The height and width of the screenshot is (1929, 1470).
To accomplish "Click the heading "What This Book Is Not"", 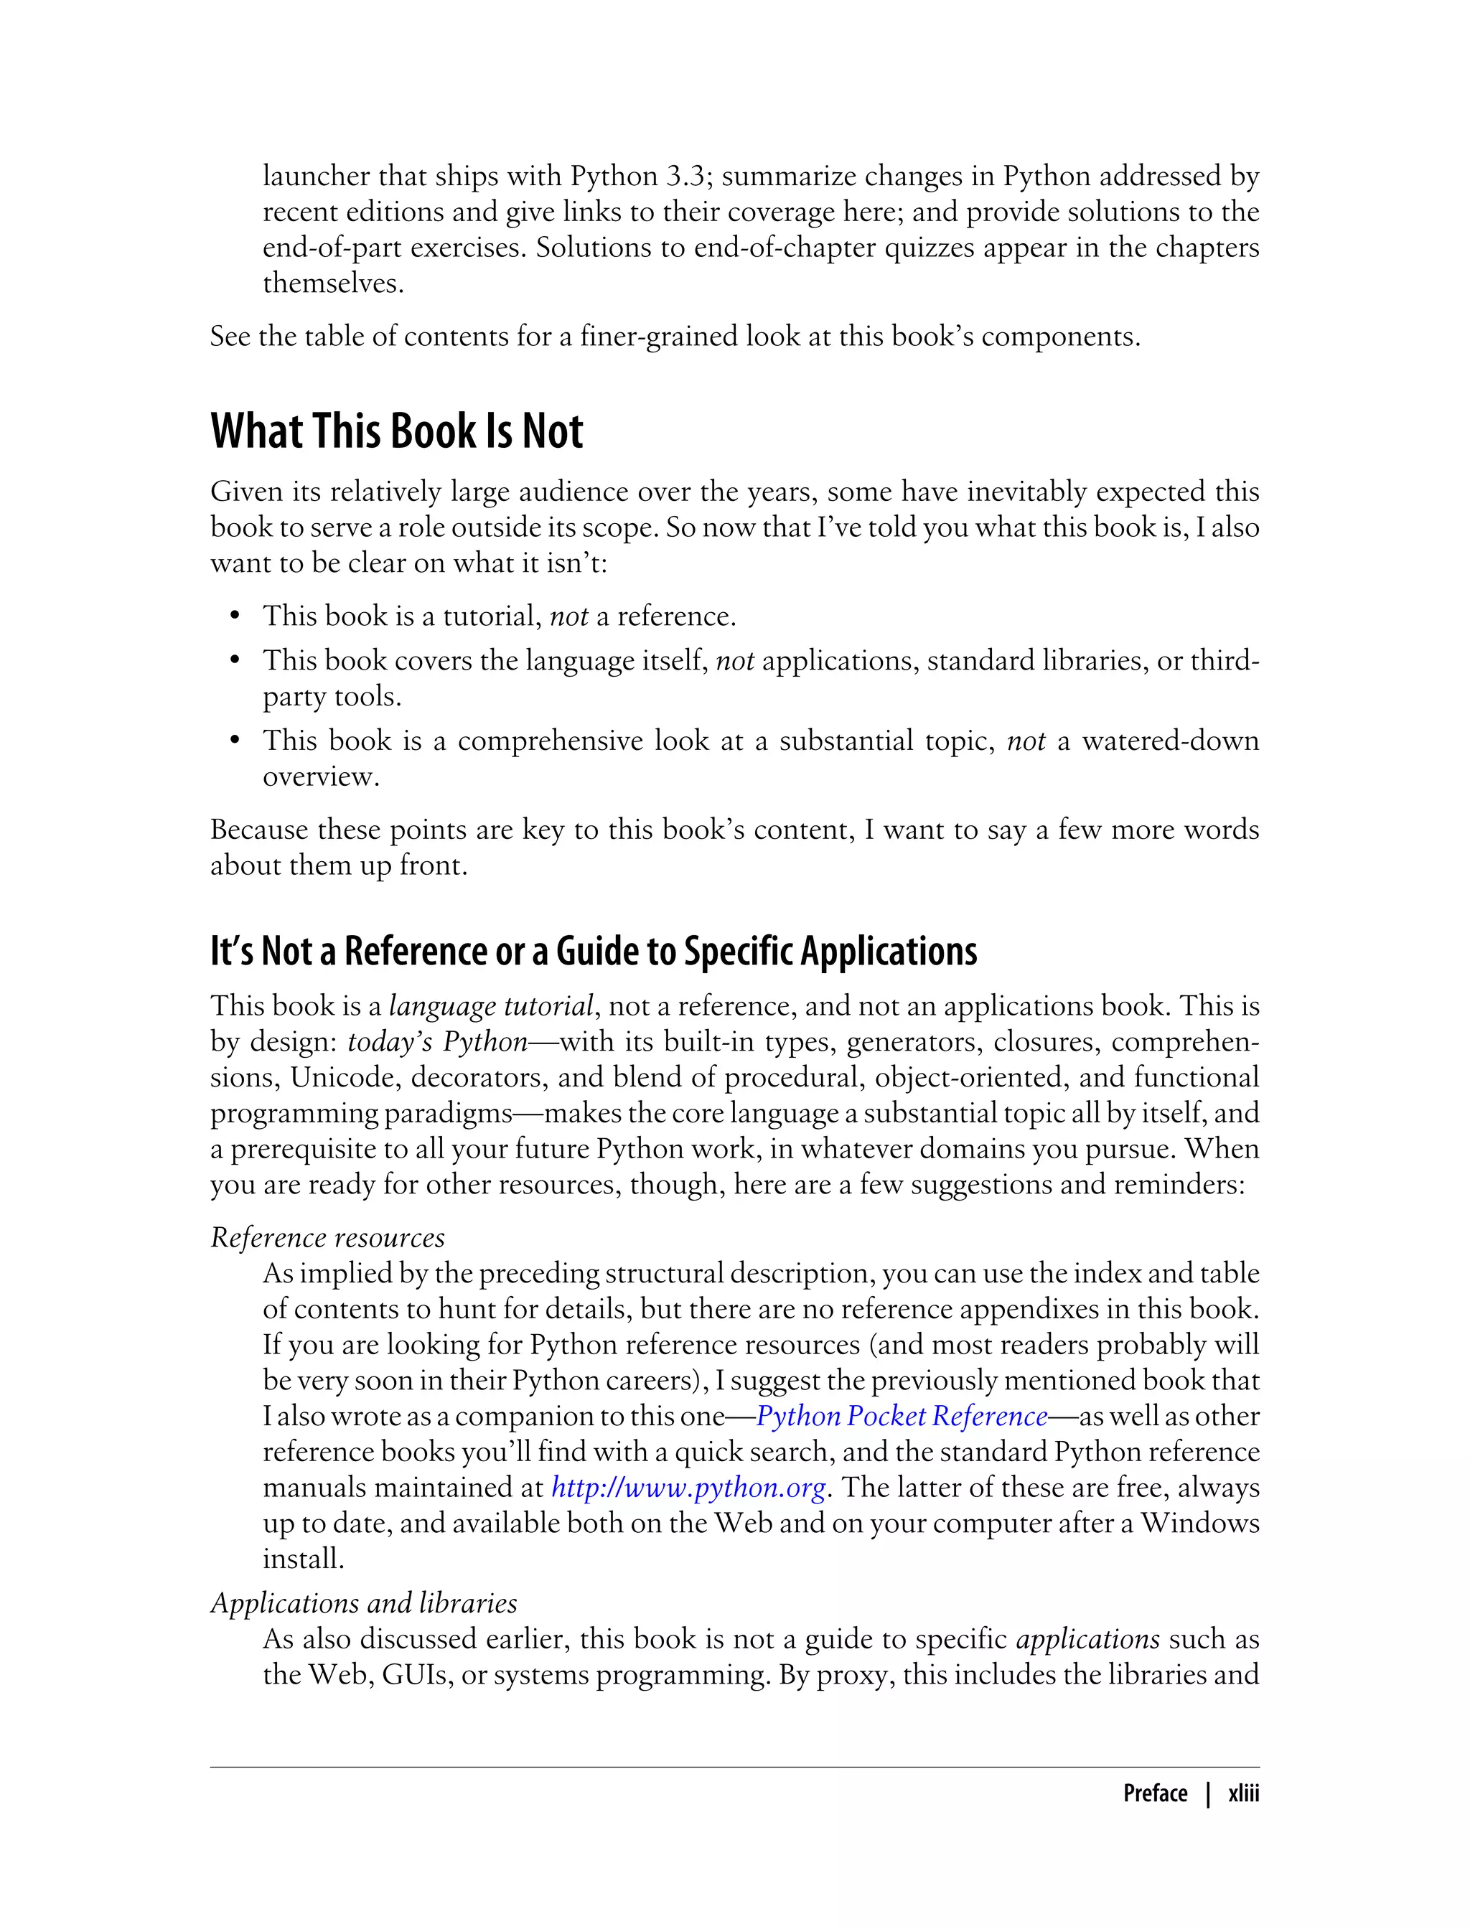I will (396, 431).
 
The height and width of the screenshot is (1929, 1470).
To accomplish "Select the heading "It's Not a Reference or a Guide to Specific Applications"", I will (594, 952).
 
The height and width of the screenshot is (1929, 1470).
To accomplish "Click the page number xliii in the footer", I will (1242, 1793).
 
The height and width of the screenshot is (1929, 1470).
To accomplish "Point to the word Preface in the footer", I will (1154, 1793).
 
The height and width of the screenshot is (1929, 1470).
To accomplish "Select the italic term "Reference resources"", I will (327, 1237).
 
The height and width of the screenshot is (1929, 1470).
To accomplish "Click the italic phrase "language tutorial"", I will (491, 1006).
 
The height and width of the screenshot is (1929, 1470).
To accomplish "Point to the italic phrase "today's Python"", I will (438, 1042).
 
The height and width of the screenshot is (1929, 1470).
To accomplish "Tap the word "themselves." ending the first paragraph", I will (333, 283).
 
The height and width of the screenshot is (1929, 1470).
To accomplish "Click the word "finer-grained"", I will (659, 337).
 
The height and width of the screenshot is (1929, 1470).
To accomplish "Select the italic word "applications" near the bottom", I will (1087, 1638).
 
